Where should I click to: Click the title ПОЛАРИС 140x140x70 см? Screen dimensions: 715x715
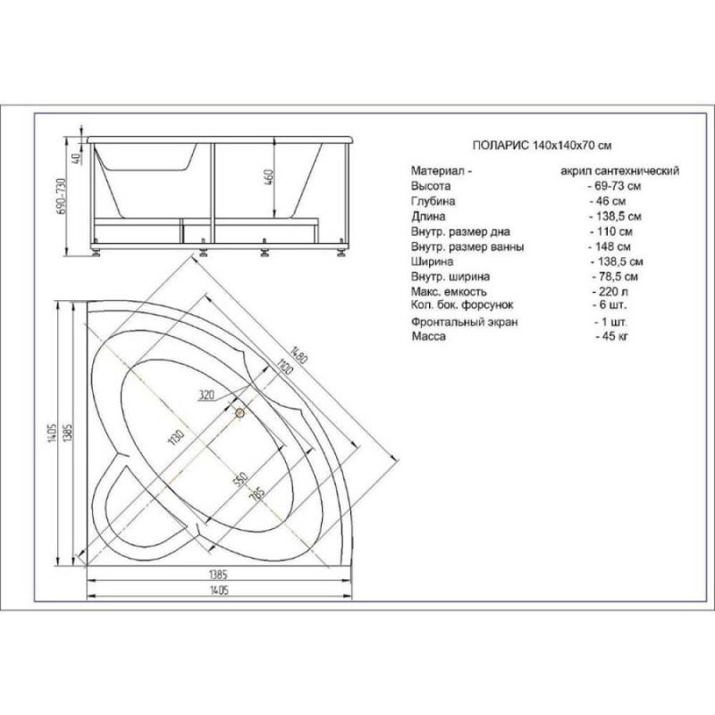tap(542, 146)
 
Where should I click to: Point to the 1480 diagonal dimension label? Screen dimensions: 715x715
tap(299, 354)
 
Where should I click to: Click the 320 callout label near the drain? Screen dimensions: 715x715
tap(206, 395)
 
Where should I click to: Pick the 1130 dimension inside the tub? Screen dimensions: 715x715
tap(176, 437)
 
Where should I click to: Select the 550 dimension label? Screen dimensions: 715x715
tap(240, 479)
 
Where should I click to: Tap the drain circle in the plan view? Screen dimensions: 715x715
tap(240, 413)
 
